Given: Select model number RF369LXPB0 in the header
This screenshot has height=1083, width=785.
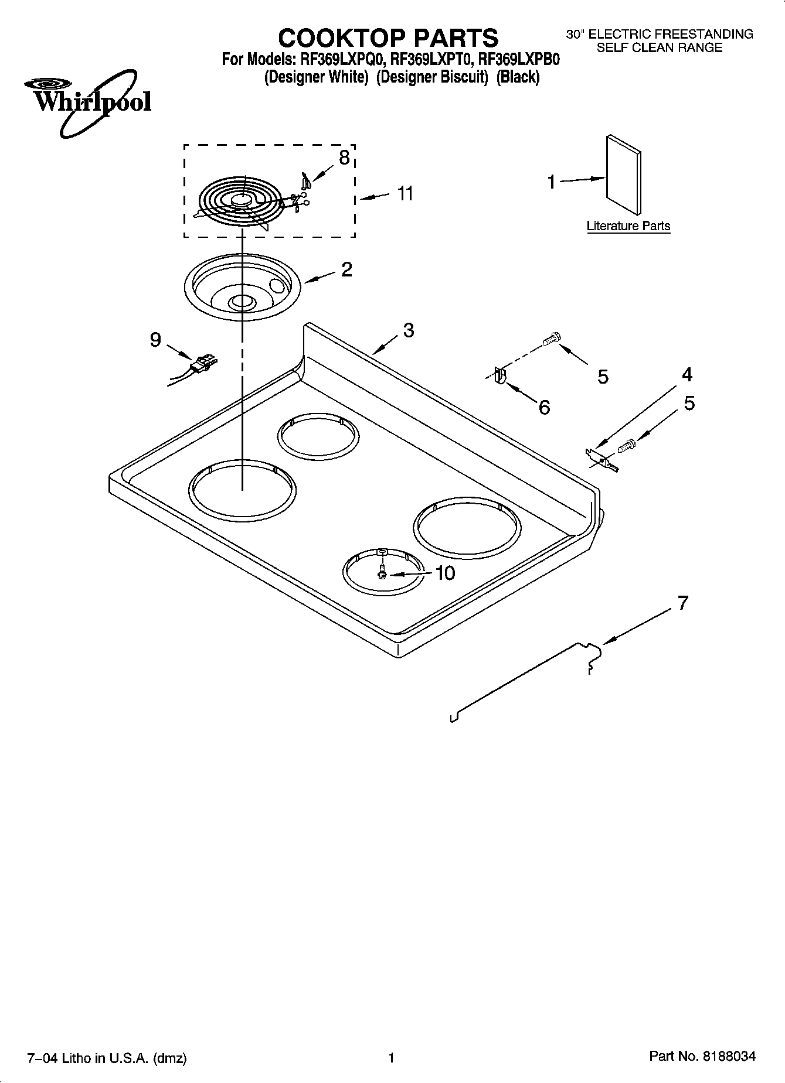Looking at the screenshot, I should click(519, 59).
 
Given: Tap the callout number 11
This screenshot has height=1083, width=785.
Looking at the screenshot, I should click(405, 193).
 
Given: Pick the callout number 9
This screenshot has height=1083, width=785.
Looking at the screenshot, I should click(155, 340).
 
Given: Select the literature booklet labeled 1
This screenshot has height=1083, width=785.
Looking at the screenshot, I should click(624, 175).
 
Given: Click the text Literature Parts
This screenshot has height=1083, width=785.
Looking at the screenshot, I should click(628, 226).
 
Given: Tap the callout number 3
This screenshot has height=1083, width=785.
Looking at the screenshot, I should click(409, 330).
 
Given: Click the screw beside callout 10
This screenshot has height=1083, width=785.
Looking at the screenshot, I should click(382, 572).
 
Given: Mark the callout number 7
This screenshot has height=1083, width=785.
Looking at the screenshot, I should click(682, 603).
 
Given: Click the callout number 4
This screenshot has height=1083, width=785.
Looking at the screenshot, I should click(687, 374).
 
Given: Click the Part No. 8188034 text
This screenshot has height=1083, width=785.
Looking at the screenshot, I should click(702, 1057).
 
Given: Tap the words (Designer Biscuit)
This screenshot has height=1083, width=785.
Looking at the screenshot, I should click(432, 77).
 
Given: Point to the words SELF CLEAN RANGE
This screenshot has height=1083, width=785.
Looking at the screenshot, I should click(659, 47).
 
